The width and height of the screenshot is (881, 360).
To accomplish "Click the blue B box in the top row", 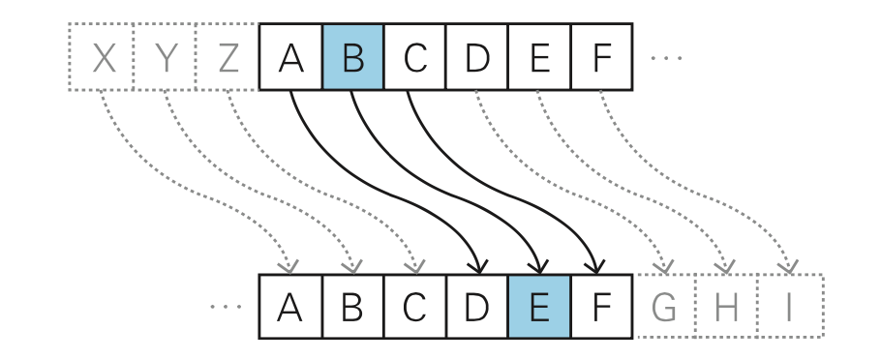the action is point(352,57).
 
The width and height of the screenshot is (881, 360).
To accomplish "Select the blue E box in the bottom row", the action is point(539,307).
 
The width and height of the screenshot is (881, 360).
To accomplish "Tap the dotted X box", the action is point(102,57).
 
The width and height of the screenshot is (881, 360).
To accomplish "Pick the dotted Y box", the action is point(165,57).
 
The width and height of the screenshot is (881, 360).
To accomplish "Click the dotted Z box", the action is point(228,57).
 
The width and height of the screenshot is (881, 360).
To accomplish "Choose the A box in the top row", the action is point(290,57).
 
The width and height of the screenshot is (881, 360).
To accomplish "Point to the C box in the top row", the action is point(415,57).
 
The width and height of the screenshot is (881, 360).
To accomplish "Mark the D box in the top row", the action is point(477,57).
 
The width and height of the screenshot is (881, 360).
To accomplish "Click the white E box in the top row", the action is point(539,57).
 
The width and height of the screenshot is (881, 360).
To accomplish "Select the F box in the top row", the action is point(601,57).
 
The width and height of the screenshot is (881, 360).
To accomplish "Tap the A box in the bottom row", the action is point(290,307).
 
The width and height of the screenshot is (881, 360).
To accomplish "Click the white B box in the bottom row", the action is point(352,307).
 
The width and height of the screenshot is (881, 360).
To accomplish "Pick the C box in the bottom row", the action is point(415,307).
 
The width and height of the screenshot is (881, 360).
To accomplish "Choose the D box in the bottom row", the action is point(477,307).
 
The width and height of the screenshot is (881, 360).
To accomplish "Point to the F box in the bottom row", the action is point(601,307).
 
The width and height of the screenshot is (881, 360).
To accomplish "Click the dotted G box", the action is point(664,307).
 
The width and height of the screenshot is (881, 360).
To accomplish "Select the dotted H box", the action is point(726,307).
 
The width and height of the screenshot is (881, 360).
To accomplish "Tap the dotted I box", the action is point(789,307).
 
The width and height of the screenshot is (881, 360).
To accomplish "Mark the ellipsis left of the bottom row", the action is point(226,308).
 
